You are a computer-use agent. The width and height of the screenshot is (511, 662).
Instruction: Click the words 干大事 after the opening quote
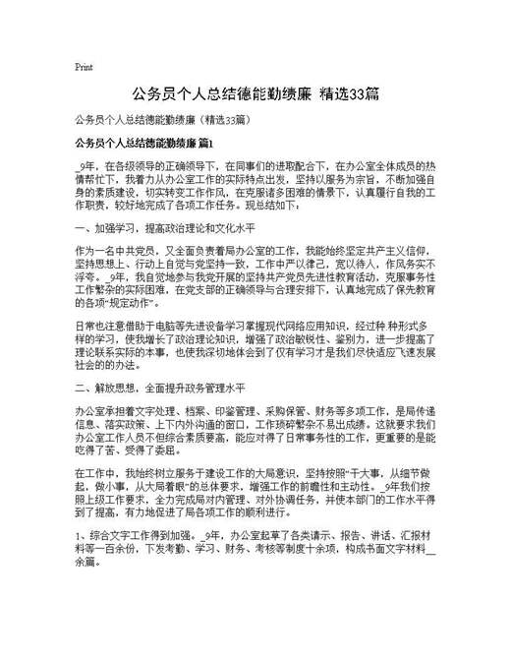coord(383,477)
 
